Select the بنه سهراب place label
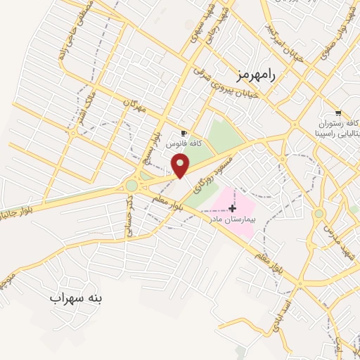pos(76,298)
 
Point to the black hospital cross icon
pos(233,208)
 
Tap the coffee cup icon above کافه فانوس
pos(184,133)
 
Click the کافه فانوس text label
pos(184,143)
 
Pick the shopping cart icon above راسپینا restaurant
pos(338,113)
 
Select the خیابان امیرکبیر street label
pos(283,41)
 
